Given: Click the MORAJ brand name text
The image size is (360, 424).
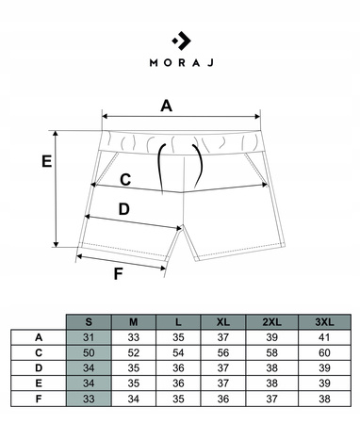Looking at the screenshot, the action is (182, 62).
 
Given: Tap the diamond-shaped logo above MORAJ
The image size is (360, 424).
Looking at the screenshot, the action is (182, 41).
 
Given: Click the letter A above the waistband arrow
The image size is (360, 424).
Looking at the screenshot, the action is (166, 106).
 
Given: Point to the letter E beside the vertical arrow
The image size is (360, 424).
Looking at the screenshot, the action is (47, 161).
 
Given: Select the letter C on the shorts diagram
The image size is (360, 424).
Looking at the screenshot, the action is (125, 180).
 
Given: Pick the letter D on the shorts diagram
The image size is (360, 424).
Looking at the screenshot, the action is (124, 209).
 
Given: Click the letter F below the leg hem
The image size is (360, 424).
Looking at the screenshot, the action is (118, 273).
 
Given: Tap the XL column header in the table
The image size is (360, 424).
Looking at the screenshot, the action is (223, 322).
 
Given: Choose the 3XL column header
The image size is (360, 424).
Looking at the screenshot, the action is (324, 322).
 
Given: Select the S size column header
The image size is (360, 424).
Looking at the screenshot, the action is (89, 322).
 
